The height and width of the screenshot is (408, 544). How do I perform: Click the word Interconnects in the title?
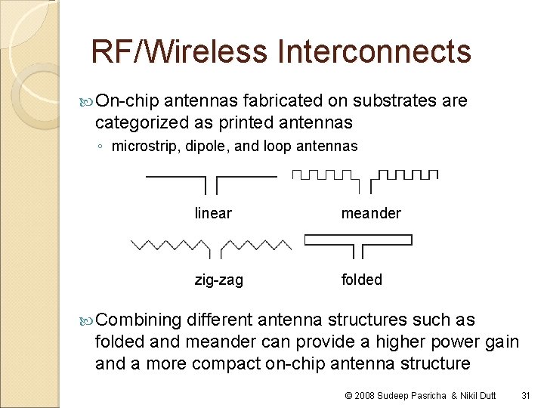point(374,52)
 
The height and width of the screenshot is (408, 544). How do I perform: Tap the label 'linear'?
point(213,213)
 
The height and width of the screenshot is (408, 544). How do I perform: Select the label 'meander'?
point(371,213)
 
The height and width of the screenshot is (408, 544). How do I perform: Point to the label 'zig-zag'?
point(219,280)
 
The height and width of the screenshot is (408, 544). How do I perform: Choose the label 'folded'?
point(362,280)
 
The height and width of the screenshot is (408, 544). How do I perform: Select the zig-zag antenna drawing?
point(212,246)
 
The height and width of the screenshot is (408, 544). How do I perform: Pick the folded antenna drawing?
point(358,243)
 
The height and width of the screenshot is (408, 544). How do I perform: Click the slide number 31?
point(527,395)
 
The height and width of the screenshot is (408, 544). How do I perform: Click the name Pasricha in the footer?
point(433,395)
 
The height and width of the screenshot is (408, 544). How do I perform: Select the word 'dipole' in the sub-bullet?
point(208,146)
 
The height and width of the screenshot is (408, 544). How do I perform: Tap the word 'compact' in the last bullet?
point(221,363)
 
